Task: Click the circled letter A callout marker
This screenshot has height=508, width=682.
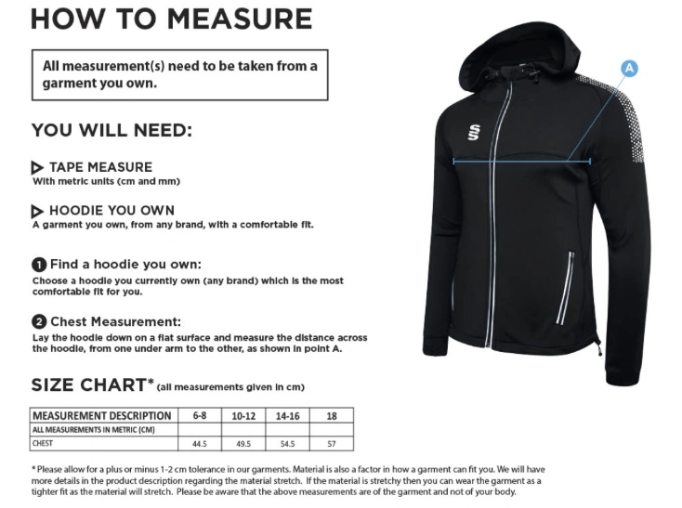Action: [x=629, y=68]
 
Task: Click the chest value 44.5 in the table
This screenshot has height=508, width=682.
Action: [x=199, y=443]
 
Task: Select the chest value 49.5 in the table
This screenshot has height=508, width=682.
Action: [x=243, y=443]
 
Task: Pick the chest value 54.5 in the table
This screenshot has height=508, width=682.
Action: [x=288, y=443]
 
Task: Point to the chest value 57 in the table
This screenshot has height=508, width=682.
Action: [x=332, y=443]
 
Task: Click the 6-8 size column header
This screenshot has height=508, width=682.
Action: [x=199, y=415]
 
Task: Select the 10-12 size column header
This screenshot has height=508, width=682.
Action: [x=243, y=415]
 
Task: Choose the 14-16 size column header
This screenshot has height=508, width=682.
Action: [x=288, y=415]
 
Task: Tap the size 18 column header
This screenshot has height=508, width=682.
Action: [x=332, y=415]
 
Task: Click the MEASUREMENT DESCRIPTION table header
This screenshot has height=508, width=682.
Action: [x=102, y=415]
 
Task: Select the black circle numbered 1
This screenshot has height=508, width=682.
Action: [x=39, y=264]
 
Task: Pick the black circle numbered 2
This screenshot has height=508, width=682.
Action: [x=39, y=321]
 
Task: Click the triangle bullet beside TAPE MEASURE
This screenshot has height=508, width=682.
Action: [x=37, y=167]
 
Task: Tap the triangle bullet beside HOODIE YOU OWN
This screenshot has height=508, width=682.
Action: [x=37, y=211]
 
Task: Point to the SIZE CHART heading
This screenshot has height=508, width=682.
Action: [x=89, y=384]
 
